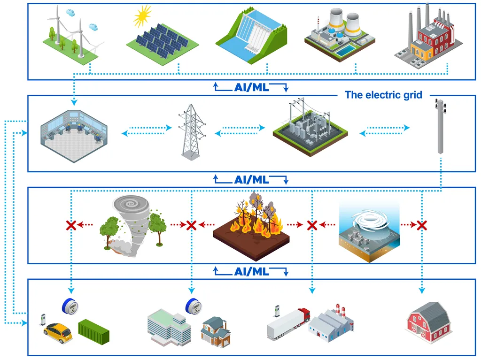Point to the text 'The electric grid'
click(383, 95)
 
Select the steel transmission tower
click(192, 131)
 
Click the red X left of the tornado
click(71, 225)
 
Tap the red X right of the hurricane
click(422, 225)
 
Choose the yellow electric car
click(58, 331)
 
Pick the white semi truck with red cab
click(287, 322)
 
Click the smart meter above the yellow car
click(70, 306)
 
